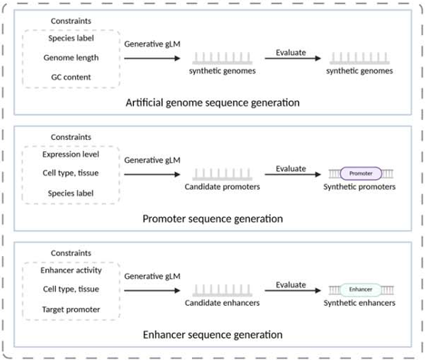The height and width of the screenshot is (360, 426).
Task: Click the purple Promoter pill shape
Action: click(x=361, y=174)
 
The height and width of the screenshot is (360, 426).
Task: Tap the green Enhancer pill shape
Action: click(x=360, y=290)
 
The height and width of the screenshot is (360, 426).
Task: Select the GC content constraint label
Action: click(x=71, y=77)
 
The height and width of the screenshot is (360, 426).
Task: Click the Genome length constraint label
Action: click(x=71, y=58)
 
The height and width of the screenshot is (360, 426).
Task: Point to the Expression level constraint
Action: click(x=70, y=154)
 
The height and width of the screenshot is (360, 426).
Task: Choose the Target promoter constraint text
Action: click(x=71, y=310)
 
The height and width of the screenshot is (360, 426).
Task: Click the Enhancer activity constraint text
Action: click(x=71, y=270)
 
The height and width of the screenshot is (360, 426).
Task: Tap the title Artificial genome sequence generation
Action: click(x=213, y=103)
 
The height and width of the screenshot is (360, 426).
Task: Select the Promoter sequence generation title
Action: click(x=213, y=219)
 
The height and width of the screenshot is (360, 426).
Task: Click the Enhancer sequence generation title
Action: click(x=213, y=335)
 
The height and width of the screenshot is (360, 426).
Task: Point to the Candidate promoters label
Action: click(x=223, y=186)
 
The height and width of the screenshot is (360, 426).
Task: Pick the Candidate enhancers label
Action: click(x=223, y=303)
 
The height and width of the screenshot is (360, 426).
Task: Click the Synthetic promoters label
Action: click(x=359, y=186)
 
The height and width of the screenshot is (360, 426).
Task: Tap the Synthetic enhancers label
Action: click(x=359, y=303)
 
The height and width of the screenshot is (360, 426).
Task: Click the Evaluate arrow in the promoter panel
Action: click(x=293, y=174)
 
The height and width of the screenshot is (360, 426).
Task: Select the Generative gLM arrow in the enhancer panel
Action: click(x=152, y=290)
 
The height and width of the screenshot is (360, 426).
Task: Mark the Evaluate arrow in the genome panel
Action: click(x=293, y=58)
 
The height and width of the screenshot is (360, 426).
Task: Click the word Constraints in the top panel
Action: click(x=71, y=21)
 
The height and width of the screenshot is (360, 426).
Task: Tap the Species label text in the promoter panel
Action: click(x=70, y=193)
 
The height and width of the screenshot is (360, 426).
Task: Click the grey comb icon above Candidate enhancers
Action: click(x=223, y=290)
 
